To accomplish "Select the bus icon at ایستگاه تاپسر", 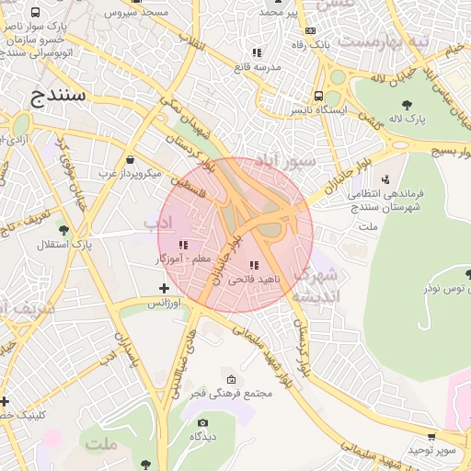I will [318, 96].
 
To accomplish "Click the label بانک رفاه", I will [310, 44].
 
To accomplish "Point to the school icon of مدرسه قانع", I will [257, 52].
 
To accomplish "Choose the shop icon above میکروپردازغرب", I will [129, 158].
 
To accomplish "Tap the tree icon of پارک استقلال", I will [63, 230].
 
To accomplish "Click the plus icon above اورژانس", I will [164, 289].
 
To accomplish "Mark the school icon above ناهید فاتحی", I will [254, 265].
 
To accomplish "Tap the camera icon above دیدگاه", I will [202, 422].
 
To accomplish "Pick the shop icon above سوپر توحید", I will [431, 437].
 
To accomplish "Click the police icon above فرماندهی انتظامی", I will [385, 178].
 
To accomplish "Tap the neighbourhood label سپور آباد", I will [286, 160].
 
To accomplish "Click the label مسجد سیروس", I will [135, 13].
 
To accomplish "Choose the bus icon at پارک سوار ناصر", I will [35, 13].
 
